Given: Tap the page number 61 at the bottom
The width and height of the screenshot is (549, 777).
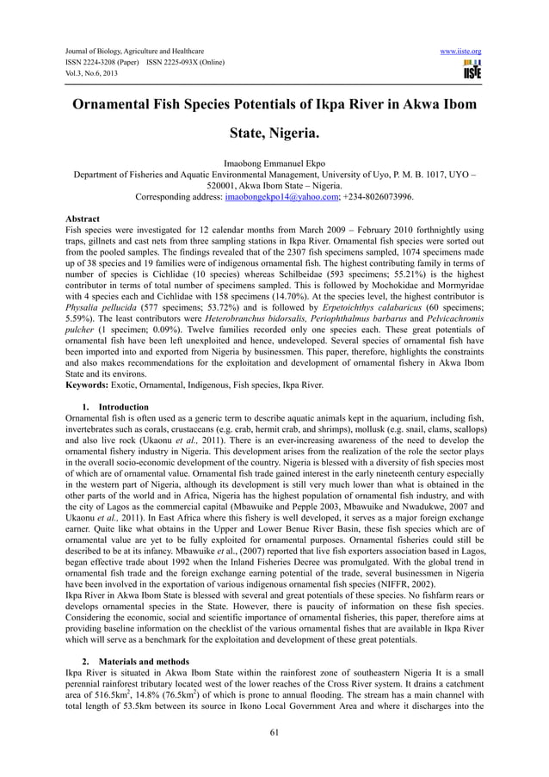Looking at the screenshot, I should pos(274,732).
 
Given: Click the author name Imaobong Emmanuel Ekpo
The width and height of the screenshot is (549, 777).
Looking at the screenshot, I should pos(274,162).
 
